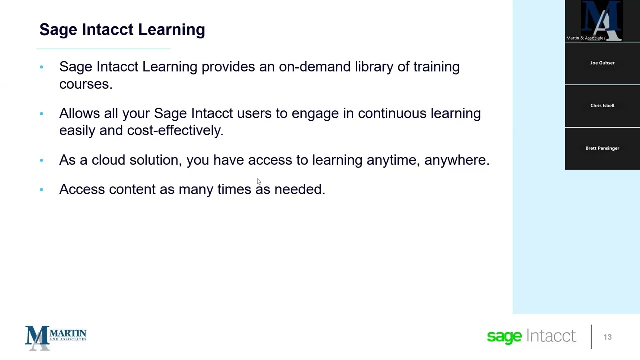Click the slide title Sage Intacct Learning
[122, 30]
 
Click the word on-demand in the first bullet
[315, 67]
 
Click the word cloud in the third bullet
[108, 160]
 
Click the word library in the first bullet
[374, 67]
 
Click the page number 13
[607, 337]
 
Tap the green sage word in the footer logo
[504, 337]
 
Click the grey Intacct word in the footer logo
[551, 336]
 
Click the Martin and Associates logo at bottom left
[56, 337]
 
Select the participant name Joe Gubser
[602, 63]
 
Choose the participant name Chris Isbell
[602, 105]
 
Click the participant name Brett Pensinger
[602, 148]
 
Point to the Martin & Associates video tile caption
[585, 38]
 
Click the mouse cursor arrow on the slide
[258, 181]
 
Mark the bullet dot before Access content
[41, 190]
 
